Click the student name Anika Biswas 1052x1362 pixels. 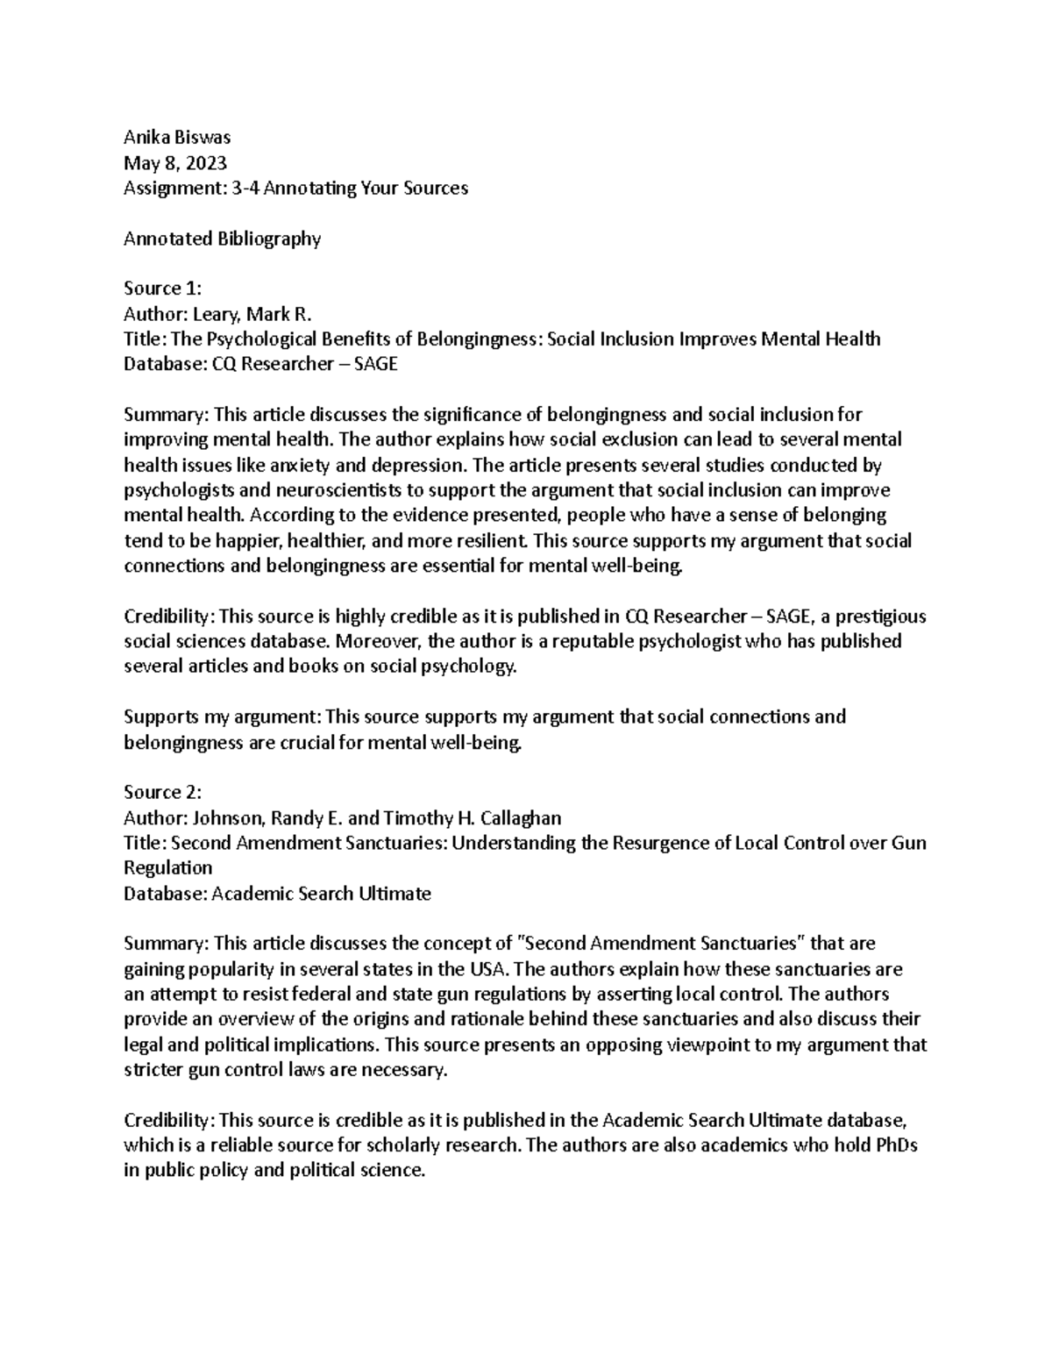point(176,137)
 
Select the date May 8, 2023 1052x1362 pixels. point(175,162)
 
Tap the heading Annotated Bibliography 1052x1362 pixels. point(223,239)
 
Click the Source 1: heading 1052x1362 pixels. point(163,289)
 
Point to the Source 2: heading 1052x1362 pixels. point(163,792)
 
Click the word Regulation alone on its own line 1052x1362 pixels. point(168,868)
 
